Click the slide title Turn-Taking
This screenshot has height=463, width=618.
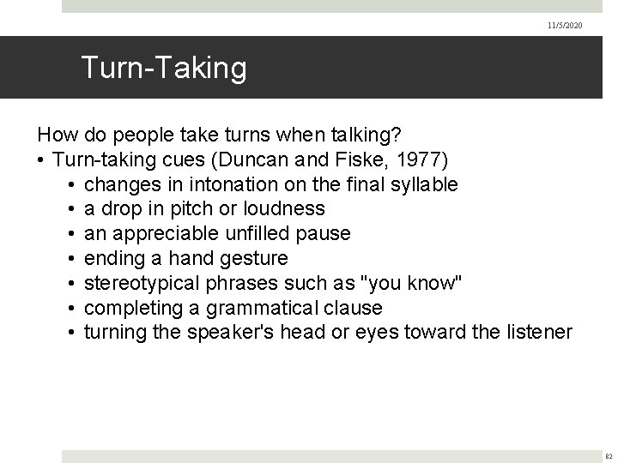point(163,68)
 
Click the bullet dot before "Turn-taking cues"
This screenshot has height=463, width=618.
point(40,159)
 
